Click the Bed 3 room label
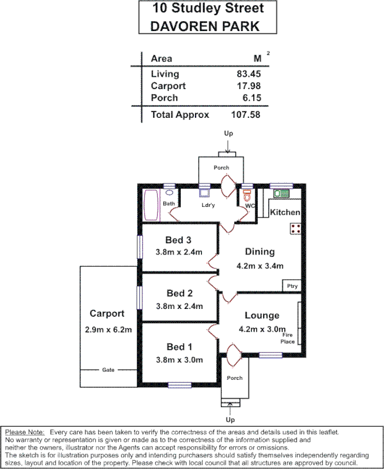coord(178,240)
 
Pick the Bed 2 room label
coord(179,293)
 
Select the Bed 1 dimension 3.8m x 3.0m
coord(179,359)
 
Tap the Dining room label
coord(260,252)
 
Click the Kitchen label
coord(285,212)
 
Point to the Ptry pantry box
coord(292,286)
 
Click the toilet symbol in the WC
coord(247,194)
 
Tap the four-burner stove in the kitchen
coord(295,229)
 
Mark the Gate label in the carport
coord(108,370)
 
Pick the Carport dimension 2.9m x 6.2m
coord(108,330)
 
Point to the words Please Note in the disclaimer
coord(24,432)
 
